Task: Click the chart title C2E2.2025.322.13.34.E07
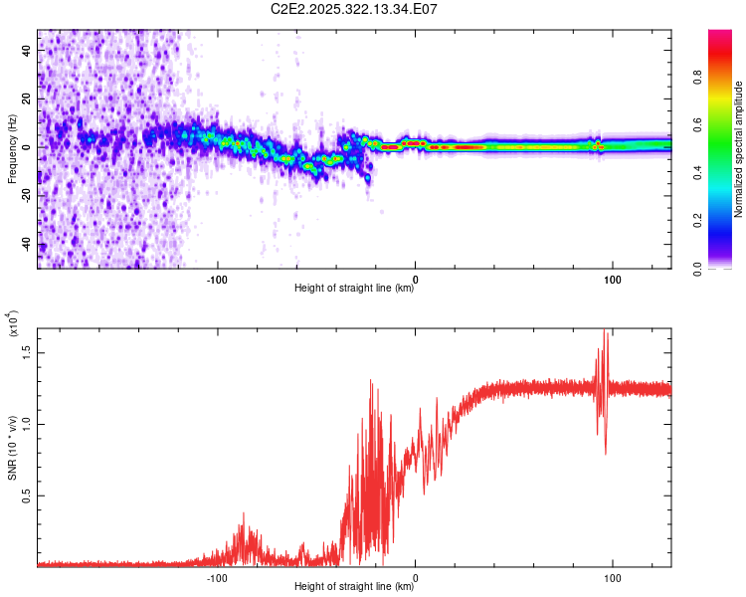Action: [354, 9]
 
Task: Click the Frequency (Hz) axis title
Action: [12, 149]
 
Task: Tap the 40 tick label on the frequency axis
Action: [27, 52]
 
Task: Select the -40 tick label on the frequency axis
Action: [25, 245]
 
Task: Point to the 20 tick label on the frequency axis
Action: [27, 99]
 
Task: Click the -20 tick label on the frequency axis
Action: [25, 196]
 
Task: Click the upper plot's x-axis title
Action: [354, 289]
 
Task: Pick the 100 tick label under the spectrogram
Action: [613, 278]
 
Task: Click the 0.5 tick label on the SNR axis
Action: [27, 495]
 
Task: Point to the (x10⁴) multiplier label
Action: [12, 323]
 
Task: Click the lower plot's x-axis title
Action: [354, 587]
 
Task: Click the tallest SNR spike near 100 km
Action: [604, 332]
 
